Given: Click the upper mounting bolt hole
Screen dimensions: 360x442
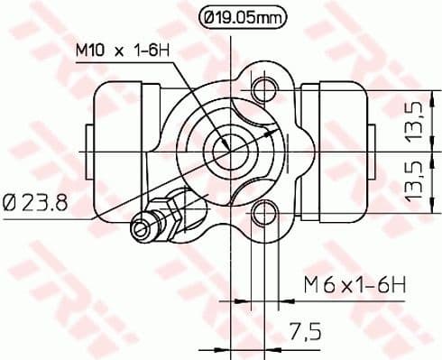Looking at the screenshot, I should click(264, 89).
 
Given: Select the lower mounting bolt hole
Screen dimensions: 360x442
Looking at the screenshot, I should click(264, 213).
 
